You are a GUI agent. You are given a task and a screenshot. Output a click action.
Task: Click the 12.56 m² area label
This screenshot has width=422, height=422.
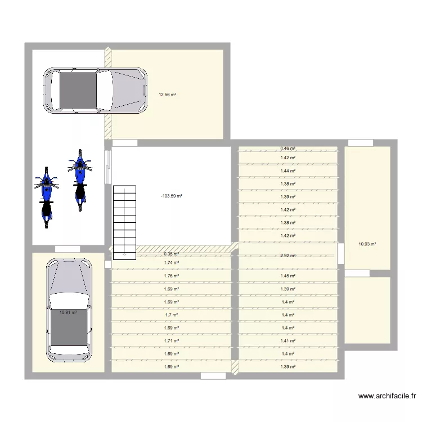pyautogui.click(x=167, y=95)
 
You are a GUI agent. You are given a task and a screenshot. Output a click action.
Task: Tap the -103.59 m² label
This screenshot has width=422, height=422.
pyautogui.click(x=171, y=196)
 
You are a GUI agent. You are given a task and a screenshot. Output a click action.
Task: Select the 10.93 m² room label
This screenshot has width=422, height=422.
pyautogui.click(x=367, y=244)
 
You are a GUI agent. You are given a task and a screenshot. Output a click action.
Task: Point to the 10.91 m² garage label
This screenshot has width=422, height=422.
pyautogui.click(x=68, y=313)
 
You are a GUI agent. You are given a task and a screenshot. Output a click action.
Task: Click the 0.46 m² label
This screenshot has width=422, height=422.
pyautogui.click(x=288, y=149)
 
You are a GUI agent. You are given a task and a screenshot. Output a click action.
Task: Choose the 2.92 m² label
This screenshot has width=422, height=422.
pyautogui.click(x=288, y=256)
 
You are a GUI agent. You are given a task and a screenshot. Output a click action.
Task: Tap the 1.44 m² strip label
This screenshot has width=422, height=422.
pyautogui.click(x=288, y=171)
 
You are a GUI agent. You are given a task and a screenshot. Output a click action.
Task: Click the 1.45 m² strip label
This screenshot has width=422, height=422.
pyautogui.click(x=288, y=276)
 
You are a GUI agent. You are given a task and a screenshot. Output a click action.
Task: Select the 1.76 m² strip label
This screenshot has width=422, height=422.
pyautogui.click(x=171, y=276)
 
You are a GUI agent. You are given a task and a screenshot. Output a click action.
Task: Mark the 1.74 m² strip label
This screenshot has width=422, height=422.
pyautogui.click(x=171, y=263)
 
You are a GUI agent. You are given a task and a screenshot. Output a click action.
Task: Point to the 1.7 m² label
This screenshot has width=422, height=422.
pyautogui.click(x=171, y=315)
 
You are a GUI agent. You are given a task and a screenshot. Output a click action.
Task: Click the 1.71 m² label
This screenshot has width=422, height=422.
pyautogui.click(x=171, y=341)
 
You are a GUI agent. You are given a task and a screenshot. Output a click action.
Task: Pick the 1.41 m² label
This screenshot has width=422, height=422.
pyautogui.click(x=288, y=341)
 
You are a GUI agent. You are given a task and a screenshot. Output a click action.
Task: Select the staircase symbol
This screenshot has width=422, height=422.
pyautogui.click(x=124, y=222)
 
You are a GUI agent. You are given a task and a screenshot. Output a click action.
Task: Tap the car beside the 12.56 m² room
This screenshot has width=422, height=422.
pyautogui.click(x=95, y=90)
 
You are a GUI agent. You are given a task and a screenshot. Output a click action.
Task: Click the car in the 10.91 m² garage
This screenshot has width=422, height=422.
pyautogui.click(x=69, y=309)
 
